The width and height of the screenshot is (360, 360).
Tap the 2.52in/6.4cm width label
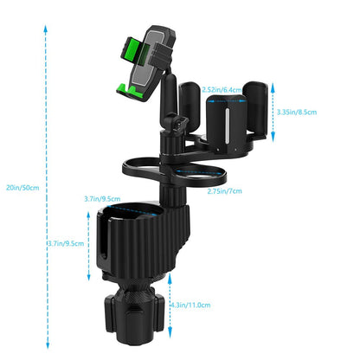[222, 89]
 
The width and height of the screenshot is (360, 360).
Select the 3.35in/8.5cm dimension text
[298, 111]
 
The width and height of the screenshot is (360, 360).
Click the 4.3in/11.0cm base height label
[190, 305]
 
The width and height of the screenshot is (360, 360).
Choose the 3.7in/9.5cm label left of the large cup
[67, 243]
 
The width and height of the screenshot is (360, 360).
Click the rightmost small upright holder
[257, 108]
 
